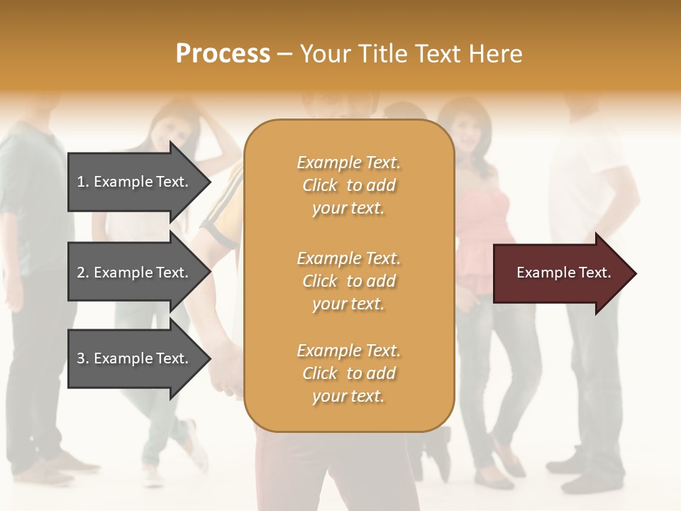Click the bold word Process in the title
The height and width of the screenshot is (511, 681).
click(x=223, y=53)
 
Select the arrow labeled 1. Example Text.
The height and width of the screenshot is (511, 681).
click(x=135, y=182)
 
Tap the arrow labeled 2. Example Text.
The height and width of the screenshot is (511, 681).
click(x=135, y=273)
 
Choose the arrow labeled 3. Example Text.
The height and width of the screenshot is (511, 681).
click(x=135, y=358)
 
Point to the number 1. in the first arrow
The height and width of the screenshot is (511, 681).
click(x=83, y=182)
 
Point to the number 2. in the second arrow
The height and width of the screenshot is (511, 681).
click(x=83, y=273)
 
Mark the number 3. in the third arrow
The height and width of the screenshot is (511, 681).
click(x=83, y=358)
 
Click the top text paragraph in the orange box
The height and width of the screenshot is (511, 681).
click(x=348, y=185)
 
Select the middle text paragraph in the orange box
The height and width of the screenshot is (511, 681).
click(x=348, y=281)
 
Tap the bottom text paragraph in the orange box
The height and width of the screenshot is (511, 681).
click(x=348, y=373)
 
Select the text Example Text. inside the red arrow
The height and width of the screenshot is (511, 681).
click(x=563, y=273)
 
